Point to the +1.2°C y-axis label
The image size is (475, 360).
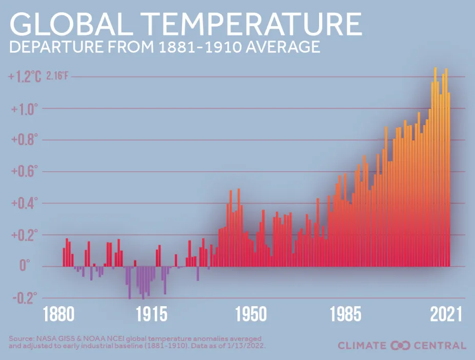click(25, 77)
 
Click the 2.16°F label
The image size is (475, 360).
click(57, 77)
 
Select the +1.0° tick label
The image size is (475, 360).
click(25, 109)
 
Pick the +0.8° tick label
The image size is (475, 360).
click(25, 140)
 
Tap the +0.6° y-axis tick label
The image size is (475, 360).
click(25, 172)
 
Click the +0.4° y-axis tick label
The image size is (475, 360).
click(25, 204)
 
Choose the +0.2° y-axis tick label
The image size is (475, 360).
click(25, 235)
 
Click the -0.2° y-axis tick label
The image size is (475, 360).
click(25, 298)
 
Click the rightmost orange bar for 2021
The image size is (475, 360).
click(449, 179)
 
